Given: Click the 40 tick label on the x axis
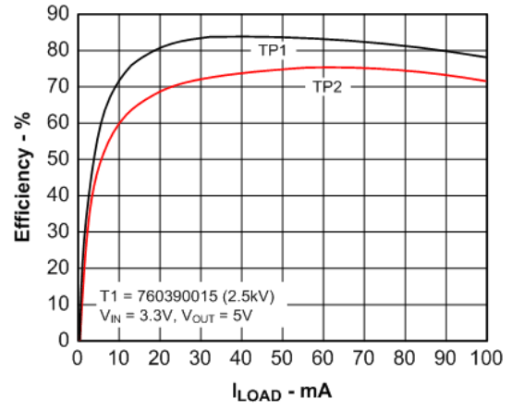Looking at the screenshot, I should click(240, 358).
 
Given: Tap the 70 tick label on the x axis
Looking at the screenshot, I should click(363, 358).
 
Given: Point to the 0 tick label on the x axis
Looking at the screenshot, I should click(78, 358).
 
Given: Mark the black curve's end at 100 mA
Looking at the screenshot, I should click(486, 57).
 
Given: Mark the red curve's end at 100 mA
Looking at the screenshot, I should click(486, 81).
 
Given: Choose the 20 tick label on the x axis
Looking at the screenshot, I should click(159, 358).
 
